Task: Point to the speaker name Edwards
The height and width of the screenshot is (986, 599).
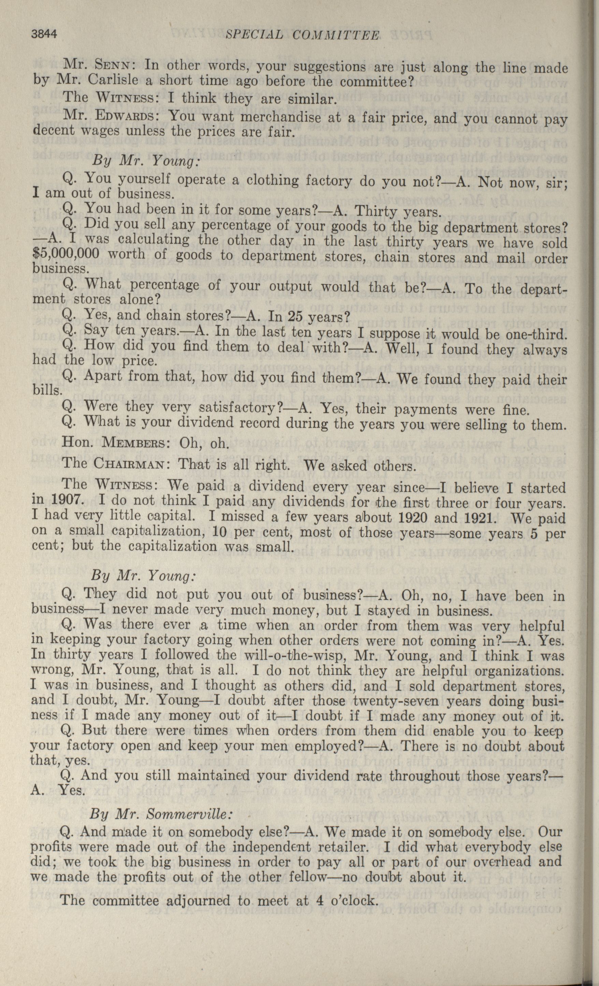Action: tap(127, 116)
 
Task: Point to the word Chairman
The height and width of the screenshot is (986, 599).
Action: tap(129, 464)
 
